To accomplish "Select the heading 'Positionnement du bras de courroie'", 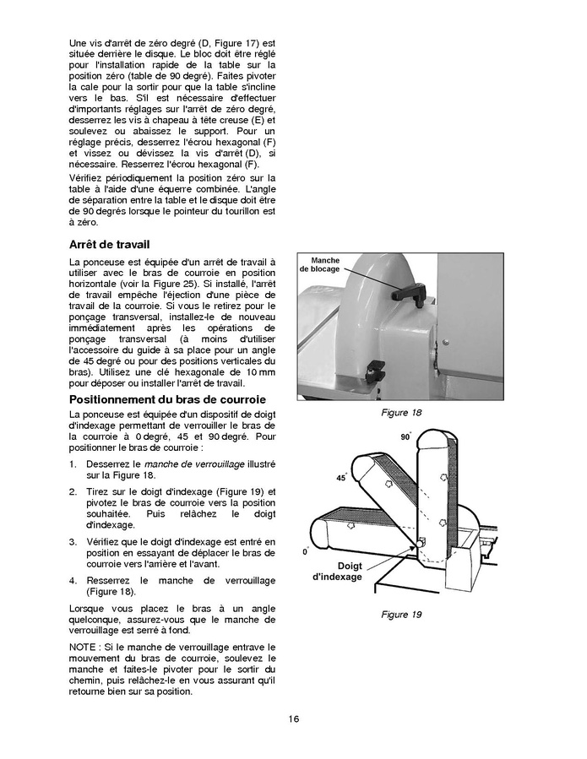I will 167,398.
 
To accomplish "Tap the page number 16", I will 292,718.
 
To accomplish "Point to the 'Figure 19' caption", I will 401,614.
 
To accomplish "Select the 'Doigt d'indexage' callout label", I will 337,572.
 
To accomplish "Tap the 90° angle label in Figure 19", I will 405,436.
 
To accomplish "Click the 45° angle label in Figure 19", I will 341,477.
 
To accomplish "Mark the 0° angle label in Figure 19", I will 305,551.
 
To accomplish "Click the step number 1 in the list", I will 72,465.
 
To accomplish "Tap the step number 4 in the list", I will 72,581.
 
